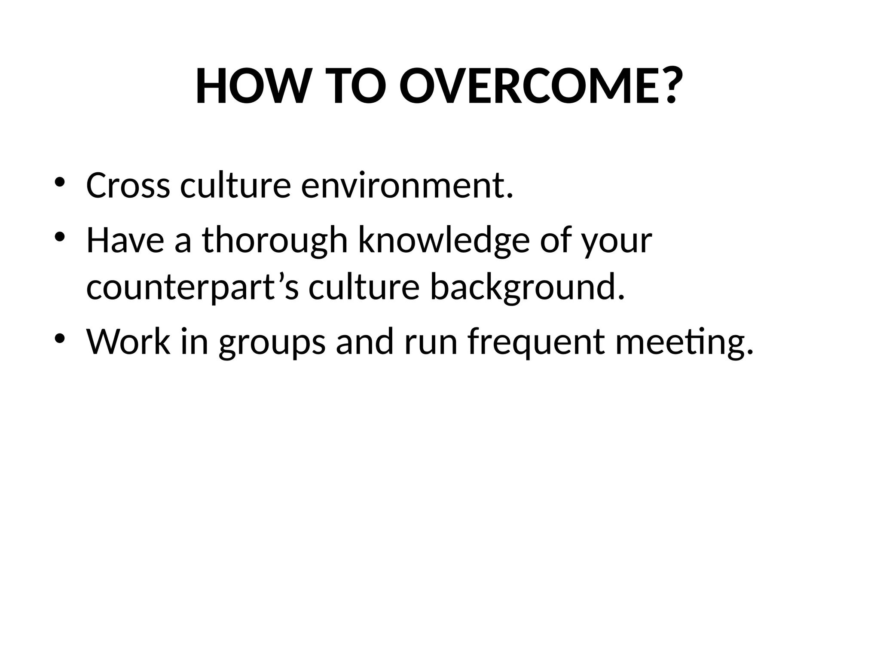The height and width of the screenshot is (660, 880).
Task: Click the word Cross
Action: (x=128, y=186)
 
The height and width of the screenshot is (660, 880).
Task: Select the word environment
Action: (x=406, y=186)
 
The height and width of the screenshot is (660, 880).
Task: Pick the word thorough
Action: (x=275, y=241)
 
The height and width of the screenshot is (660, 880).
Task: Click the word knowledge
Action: (x=444, y=241)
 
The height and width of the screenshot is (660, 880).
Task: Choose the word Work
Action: (x=128, y=342)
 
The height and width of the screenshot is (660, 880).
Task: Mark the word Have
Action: (x=125, y=241)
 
